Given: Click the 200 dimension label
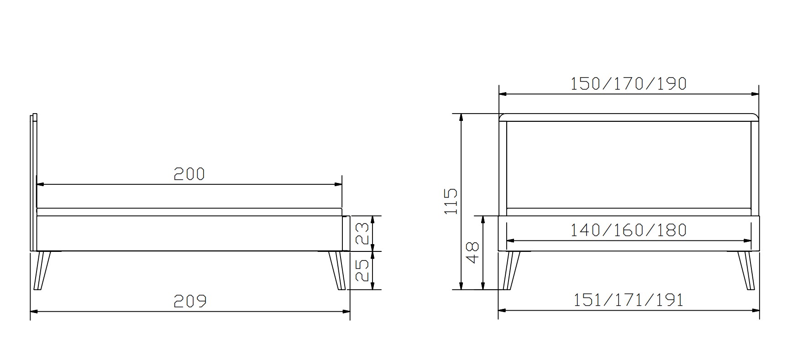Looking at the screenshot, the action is click(189, 174).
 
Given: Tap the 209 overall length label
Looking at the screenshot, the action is click(190, 301).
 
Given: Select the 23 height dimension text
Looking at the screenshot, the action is click(362, 233).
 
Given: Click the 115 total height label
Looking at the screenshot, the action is click(451, 201).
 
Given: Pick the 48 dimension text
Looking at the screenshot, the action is click(472, 252).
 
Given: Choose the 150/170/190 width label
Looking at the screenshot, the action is click(629, 83).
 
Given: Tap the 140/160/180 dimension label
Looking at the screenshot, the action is click(629, 230).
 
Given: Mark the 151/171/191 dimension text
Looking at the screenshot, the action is click(628, 300).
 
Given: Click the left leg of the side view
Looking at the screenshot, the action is click(43, 270).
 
